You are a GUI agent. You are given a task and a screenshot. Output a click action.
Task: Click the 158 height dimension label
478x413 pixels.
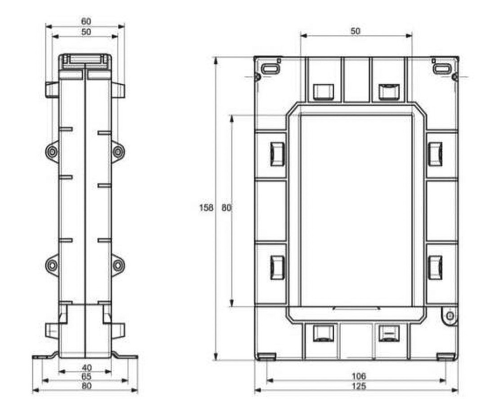pyautogui.click(x=206, y=208)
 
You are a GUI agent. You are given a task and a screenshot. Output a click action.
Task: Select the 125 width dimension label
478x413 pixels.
pyautogui.click(x=359, y=386)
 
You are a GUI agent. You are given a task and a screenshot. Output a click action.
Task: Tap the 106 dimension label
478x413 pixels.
pyautogui.click(x=359, y=376)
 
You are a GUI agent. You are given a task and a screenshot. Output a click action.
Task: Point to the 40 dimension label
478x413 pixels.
pyautogui.click(x=86, y=368)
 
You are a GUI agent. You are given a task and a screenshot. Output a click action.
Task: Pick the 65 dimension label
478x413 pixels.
pyautogui.click(x=86, y=377)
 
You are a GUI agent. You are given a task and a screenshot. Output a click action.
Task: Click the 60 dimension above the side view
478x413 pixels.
pyautogui.click(x=86, y=21)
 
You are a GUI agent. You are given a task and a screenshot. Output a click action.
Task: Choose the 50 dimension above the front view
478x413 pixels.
pyautogui.click(x=355, y=31)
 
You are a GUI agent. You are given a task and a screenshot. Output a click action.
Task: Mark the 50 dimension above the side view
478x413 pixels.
pyautogui.click(x=86, y=32)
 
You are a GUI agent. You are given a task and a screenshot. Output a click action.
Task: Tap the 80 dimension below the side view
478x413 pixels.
pyautogui.click(x=86, y=386)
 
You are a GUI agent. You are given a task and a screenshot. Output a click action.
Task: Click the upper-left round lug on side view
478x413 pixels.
pyautogui.click(x=52, y=151)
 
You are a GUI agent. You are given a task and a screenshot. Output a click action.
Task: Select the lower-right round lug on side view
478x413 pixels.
pyautogui.click(x=118, y=265)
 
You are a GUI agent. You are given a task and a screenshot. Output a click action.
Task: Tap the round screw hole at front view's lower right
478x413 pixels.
pyautogui.click(x=450, y=316)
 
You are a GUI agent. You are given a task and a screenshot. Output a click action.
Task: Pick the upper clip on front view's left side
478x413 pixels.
pyautogui.click(x=277, y=154)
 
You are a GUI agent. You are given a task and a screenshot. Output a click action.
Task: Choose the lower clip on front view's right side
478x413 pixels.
pyautogui.click(x=436, y=267)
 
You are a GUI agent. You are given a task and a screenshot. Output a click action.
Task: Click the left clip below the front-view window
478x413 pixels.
pyautogui.click(x=323, y=333)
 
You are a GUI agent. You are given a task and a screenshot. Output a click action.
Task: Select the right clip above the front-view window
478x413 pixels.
pyautogui.click(x=389, y=92)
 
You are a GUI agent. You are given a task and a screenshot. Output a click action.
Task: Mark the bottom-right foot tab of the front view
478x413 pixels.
pyautogui.click(x=446, y=357)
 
